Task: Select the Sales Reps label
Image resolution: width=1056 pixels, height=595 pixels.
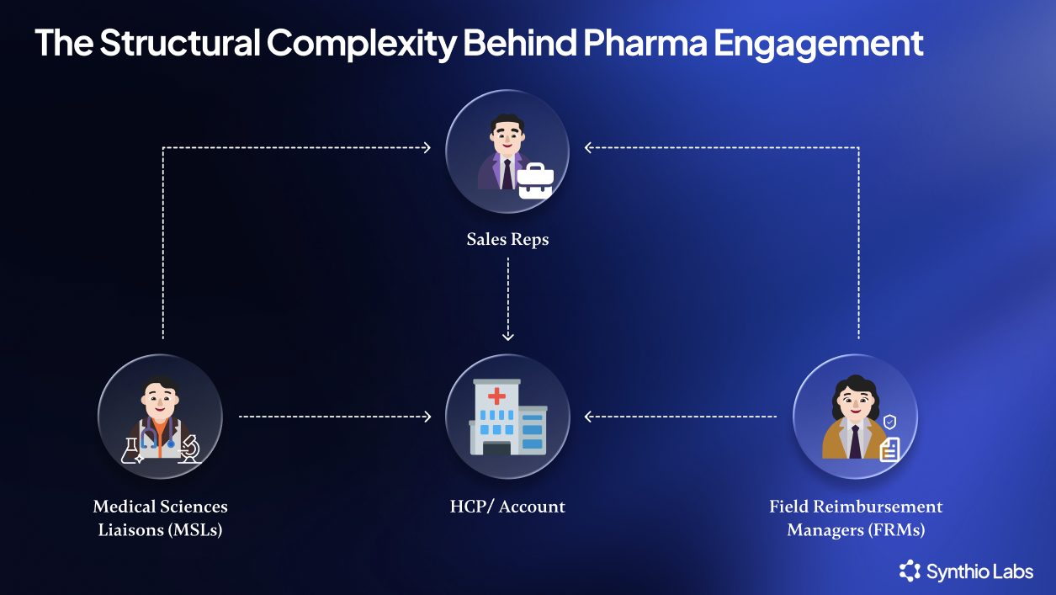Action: tap(507, 239)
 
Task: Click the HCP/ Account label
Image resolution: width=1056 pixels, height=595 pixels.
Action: tap(507, 507)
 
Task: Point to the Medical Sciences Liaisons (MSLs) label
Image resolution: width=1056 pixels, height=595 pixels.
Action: tap(160, 518)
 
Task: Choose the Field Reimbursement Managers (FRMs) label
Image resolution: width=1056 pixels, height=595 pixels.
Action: tap(856, 518)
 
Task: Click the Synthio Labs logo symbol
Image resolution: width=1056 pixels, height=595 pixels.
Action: tap(910, 571)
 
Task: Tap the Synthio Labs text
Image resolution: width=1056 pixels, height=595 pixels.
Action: tap(979, 572)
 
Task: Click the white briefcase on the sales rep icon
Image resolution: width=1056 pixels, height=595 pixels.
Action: tap(535, 181)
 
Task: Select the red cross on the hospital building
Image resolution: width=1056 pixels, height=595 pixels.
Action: tap(497, 396)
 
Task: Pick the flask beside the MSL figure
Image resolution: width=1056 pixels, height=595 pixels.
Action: tap(131, 450)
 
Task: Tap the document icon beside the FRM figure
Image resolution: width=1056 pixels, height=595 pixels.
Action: tap(889, 450)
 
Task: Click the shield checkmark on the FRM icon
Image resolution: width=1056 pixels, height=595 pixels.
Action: tap(889, 421)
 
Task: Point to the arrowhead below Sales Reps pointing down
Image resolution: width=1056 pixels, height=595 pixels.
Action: tap(507, 336)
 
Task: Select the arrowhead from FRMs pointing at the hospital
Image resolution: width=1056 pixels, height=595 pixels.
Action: tap(589, 416)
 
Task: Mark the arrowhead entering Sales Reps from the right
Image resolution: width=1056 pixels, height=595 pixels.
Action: tap(589, 147)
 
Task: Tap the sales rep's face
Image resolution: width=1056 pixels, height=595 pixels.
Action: tap(507, 135)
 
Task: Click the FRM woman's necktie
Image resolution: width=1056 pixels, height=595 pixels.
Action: tap(855, 442)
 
